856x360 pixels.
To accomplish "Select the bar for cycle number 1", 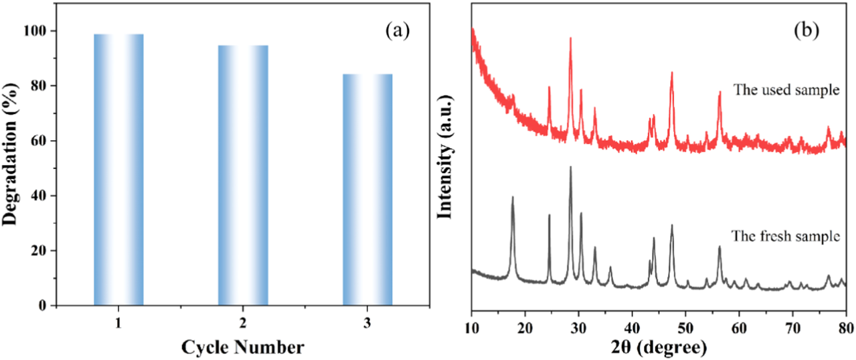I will coord(118,169).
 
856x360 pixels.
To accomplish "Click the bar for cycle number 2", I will coord(243,175).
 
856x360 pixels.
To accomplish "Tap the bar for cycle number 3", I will coord(367,189).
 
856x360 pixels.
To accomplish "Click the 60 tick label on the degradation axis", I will coord(38,141).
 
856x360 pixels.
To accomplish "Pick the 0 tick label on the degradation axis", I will coord(42,306).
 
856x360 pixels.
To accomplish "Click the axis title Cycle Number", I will coord(242,347).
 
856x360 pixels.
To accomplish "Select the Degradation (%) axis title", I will coord(10,154).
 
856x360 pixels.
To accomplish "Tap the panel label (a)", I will coord(397,31).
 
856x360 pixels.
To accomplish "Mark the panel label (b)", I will coord(806,31).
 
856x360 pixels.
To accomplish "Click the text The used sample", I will coord(786,90).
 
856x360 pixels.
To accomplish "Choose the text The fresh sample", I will coord(785,236).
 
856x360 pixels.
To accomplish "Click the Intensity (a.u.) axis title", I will coord(444,157).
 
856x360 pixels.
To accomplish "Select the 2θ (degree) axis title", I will coord(658,347).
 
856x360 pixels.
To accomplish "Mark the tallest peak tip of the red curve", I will coord(570,38).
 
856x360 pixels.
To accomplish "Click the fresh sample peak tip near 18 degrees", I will coord(513,197).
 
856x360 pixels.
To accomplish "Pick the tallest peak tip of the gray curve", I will coord(570,167).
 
